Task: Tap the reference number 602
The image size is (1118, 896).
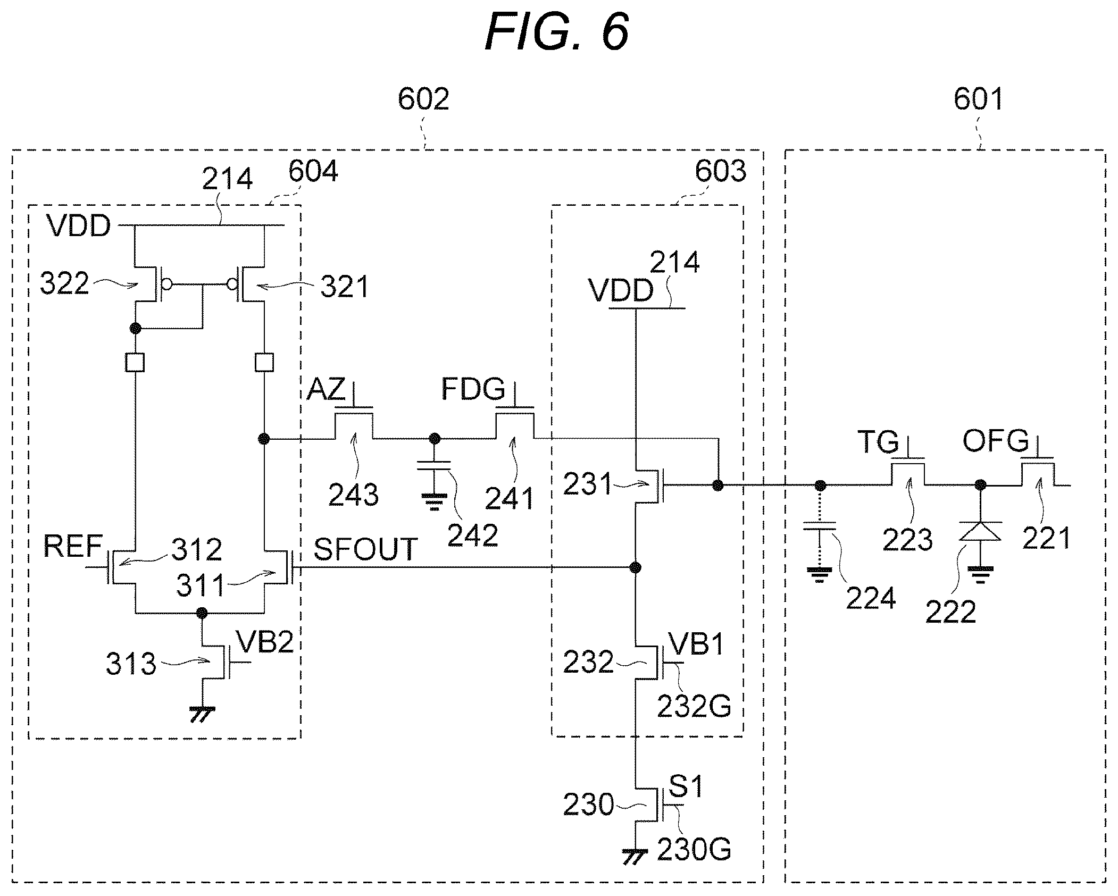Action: (424, 99)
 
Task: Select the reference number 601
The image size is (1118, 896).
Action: (979, 99)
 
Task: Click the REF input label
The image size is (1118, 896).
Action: (73, 546)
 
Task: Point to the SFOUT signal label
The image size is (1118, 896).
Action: (365, 549)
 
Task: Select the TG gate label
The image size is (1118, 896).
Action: (878, 442)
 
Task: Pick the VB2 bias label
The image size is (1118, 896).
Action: (265, 642)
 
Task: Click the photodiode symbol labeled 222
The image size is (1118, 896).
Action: (980, 532)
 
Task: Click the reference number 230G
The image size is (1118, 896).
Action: (694, 849)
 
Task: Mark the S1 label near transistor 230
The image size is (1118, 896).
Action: (686, 786)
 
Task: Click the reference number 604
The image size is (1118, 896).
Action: (313, 171)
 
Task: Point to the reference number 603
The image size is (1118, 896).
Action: (721, 171)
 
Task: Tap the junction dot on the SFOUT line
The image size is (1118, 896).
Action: (635, 568)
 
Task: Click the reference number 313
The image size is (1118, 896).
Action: (131, 664)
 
